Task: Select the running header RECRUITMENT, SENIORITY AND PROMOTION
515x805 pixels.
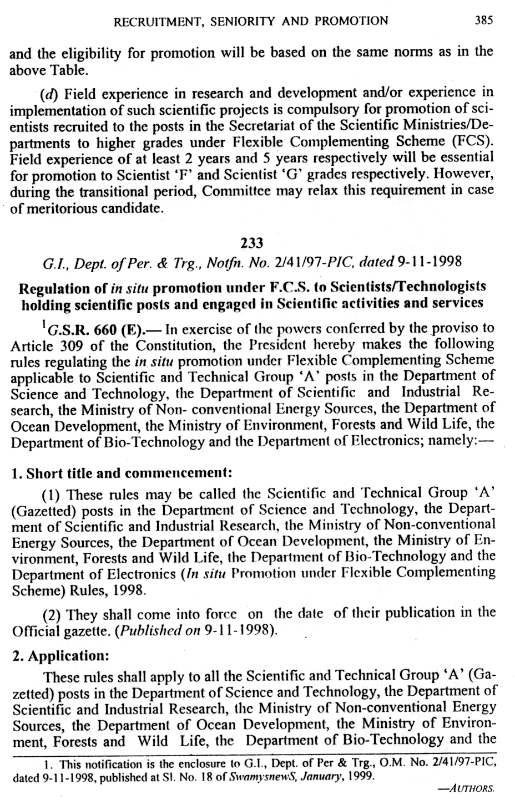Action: pyautogui.click(x=250, y=22)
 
